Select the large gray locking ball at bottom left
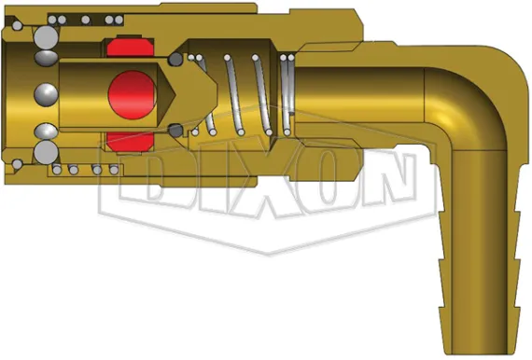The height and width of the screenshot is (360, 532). pyautogui.click(x=45, y=152)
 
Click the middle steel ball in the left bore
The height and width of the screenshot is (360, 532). pyautogui.click(x=45, y=94)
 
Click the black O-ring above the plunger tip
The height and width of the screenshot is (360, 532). pyautogui.click(x=175, y=60)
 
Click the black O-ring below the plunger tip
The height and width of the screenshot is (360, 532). pyautogui.click(x=175, y=130)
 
